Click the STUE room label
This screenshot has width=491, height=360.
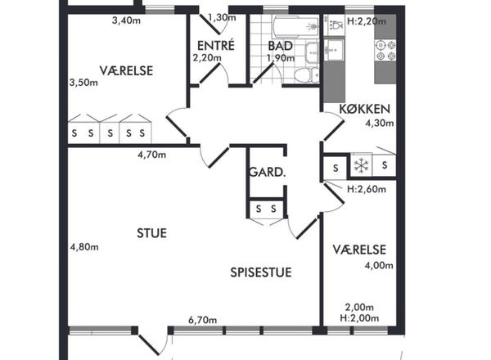pos(151,233)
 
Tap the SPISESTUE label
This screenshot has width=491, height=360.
pos(261,272)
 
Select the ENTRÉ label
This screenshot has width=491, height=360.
pos(216,45)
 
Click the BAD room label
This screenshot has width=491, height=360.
pos(280,46)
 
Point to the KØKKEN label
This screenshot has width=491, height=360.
pos(365,109)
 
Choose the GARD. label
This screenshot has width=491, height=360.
pos(267,172)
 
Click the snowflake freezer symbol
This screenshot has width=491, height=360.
pos(361,165)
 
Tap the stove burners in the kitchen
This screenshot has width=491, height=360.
pos(385,51)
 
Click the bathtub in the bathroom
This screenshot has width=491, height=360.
pos(296,26)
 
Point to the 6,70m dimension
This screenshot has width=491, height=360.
pos(202,320)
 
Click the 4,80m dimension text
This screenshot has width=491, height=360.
pos(84,247)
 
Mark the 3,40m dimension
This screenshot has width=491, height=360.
pos(126,20)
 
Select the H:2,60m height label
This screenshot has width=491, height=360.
pos(367,189)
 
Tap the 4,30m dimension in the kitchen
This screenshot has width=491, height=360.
pos(380,123)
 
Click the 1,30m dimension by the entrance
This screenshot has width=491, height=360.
pos(222,17)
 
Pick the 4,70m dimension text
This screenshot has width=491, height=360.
pos(152,155)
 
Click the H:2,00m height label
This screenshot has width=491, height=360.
pos(359,318)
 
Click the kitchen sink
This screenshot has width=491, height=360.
pos(334,49)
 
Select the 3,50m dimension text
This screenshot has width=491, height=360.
pos(83,83)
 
